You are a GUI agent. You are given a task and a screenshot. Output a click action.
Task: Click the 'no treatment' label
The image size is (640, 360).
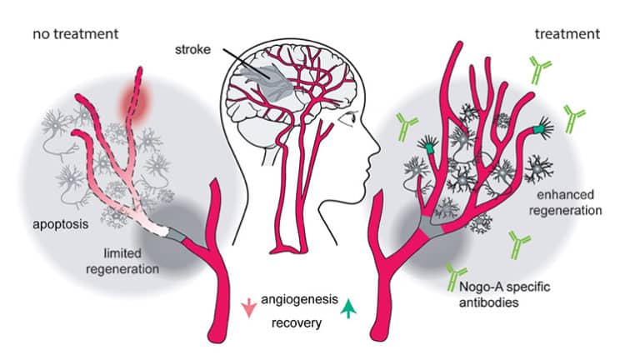[x=75, y=34]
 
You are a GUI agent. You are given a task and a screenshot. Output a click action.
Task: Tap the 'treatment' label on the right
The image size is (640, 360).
[x=566, y=34]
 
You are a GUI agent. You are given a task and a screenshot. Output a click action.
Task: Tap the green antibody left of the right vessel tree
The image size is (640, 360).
[x=407, y=127]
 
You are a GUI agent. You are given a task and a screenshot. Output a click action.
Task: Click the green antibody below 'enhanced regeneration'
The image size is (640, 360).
[x=520, y=242]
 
